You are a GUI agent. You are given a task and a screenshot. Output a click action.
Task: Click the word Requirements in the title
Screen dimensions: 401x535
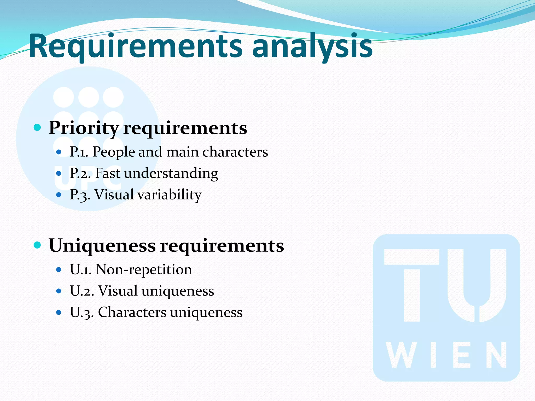coord(136,47)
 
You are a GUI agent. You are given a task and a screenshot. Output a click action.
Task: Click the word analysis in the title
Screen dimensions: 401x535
coord(312,47)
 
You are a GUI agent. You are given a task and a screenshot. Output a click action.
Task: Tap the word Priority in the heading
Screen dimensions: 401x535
coord(84,128)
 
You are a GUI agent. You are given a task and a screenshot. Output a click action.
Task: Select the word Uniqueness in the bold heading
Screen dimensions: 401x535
coord(102,246)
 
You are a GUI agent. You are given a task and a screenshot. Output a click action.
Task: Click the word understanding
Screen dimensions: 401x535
coord(171,174)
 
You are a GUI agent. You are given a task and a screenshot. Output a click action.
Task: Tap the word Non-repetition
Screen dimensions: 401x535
coord(144,270)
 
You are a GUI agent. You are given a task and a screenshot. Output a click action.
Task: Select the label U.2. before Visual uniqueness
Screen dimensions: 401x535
coord(82,291)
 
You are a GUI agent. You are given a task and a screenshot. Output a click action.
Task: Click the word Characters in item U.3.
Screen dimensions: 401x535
coord(132,312)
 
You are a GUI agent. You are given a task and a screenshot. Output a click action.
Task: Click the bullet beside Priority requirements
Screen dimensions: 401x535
coord(38,128)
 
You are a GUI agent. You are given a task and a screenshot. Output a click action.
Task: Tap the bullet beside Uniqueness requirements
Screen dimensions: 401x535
coord(38,245)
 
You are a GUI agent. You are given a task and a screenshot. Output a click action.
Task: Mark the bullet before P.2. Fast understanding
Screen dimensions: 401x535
coord(59,173)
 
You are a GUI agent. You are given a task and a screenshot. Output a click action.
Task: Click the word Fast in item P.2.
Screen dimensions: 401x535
coord(108,174)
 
